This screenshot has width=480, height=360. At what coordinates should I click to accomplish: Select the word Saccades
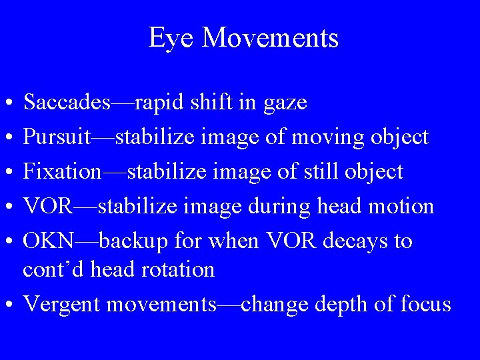click(x=67, y=103)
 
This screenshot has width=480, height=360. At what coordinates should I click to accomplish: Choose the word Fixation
click(x=62, y=172)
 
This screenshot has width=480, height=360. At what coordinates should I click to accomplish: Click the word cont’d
click(x=53, y=269)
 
